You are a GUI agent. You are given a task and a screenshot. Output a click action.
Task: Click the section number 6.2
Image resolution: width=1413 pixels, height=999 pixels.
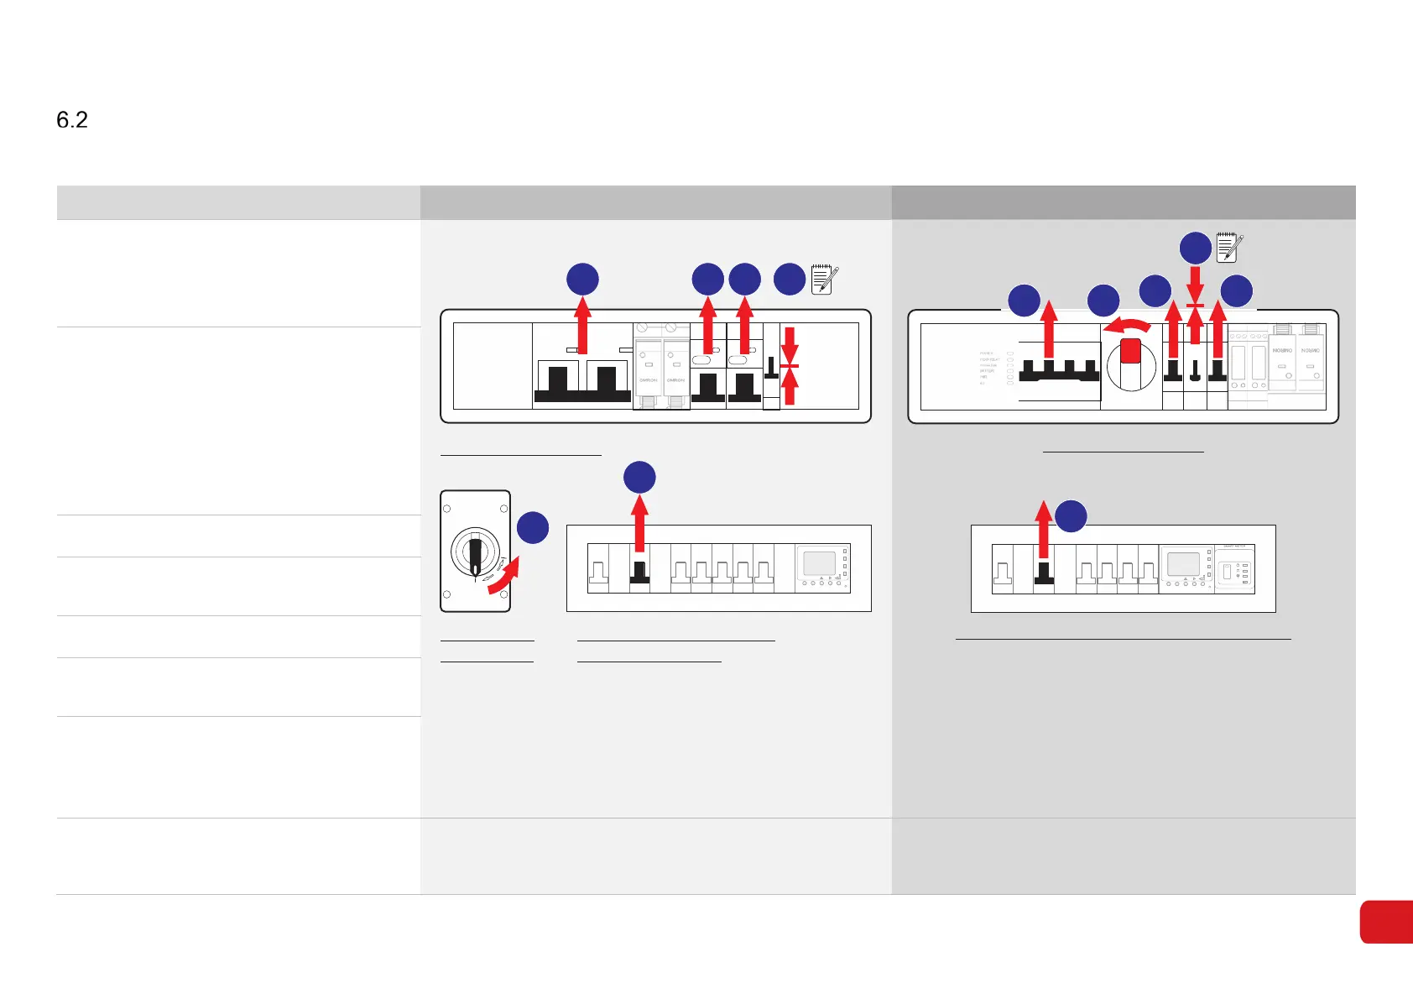point(72,120)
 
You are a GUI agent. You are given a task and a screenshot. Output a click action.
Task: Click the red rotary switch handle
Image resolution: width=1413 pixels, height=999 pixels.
point(1130,351)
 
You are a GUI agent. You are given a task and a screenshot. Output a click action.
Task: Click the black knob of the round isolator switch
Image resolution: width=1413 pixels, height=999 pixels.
point(475,553)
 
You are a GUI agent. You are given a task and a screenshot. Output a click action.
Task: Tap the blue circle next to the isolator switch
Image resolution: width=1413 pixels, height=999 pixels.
point(533,528)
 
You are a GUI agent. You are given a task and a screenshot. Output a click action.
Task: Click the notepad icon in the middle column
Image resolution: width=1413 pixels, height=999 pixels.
point(824,280)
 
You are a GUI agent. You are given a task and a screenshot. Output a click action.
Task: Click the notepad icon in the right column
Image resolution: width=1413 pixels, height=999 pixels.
point(1229,248)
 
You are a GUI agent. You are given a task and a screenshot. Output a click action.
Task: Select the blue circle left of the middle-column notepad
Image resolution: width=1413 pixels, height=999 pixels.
point(790,280)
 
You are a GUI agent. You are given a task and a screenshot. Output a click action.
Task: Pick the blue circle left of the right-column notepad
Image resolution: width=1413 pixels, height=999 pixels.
point(1196,248)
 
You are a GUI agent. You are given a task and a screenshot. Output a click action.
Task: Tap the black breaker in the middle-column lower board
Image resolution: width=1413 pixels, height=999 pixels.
point(639,573)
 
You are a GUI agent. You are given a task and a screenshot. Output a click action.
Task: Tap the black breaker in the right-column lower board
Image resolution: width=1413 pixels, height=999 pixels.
point(1044,573)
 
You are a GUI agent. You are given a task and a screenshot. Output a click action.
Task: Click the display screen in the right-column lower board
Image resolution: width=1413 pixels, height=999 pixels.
point(1183,563)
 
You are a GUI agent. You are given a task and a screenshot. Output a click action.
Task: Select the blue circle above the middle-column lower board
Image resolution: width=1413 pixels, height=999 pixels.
point(639,478)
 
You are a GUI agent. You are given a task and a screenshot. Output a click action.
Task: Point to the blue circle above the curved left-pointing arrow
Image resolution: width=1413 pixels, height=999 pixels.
point(1103,301)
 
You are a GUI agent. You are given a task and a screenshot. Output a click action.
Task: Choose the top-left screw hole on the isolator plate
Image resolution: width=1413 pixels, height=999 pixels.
point(447,509)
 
